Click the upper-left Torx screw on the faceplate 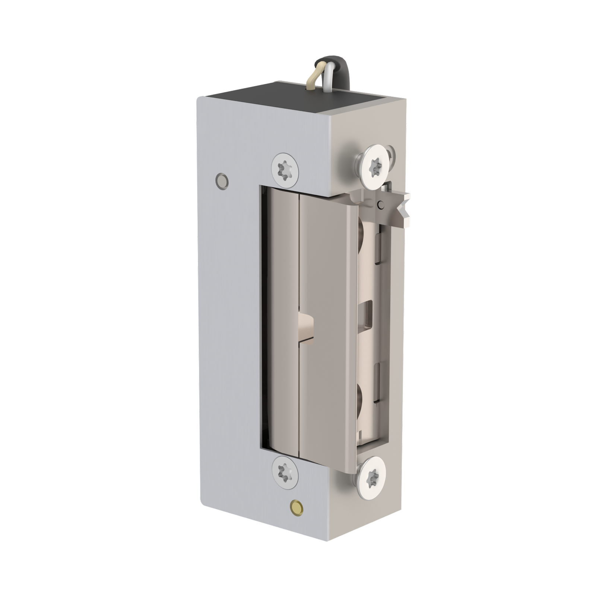tap(285, 169)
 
